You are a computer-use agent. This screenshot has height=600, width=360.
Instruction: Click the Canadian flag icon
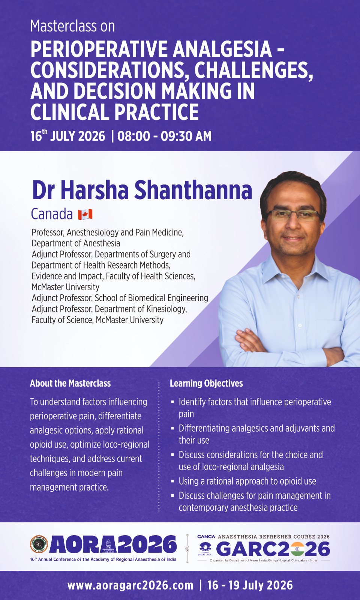pyautogui.click(x=85, y=214)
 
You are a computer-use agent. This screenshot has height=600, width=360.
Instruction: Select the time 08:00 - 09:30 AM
pyautogui.click(x=164, y=136)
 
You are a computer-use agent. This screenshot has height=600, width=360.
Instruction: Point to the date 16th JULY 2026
pyautogui.click(x=68, y=136)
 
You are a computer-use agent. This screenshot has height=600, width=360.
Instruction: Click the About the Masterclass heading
pyautogui.click(x=70, y=383)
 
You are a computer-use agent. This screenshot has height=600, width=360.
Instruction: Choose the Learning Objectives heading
pyautogui.click(x=206, y=383)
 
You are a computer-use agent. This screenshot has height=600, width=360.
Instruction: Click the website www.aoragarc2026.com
pyautogui.click(x=130, y=585)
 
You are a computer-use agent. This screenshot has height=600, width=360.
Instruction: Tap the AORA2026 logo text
pyautogui.click(x=112, y=545)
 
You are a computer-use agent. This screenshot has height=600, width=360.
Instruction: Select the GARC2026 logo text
pyautogui.click(x=273, y=549)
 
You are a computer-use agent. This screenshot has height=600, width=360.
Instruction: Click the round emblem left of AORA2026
pyautogui.click(x=39, y=544)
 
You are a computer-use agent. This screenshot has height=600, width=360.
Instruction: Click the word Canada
pyautogui.click(x=52, y=214)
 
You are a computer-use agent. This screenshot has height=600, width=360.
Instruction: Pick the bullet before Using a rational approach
pyautogui.click(x=172, y=481)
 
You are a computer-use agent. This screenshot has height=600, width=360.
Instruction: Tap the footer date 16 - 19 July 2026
pyautogui.click(x=250, y=585)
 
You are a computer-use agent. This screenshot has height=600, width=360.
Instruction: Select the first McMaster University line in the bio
pyautogui.click(x=66, y=287)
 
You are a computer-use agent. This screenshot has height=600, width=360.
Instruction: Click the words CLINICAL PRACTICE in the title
pyautogui.click(x=115, y=112)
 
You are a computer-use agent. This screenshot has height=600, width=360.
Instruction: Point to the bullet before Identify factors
pyautogui.click(x=172, y=402)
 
